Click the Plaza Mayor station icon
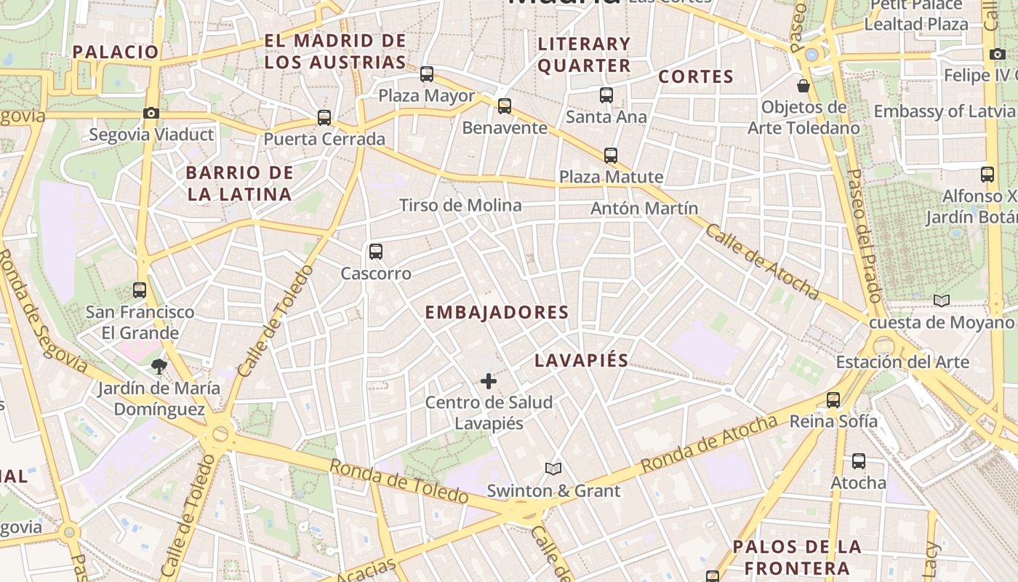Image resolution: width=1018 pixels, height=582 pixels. (427, 74)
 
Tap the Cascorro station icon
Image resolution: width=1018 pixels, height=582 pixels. (376, 252)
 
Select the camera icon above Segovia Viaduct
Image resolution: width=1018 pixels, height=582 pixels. (151, 113)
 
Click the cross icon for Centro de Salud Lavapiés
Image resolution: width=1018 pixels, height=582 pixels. (489, 380)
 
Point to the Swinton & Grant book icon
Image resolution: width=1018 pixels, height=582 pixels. (553, 469)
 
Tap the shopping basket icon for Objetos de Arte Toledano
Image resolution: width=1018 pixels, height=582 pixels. (803, 86)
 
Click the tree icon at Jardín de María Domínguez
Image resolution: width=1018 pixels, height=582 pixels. (159, 366)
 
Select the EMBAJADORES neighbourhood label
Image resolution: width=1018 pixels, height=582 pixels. (497, 313)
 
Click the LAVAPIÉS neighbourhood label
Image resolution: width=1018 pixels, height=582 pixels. (581, 361)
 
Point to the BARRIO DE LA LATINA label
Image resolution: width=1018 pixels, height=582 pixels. (239, 183)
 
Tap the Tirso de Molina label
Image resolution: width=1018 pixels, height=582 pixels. (460, 205)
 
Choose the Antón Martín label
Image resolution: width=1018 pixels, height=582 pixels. (644, 209)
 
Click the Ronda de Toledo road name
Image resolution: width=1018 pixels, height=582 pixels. (399, 481)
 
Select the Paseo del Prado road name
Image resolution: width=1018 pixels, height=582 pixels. (865, 236)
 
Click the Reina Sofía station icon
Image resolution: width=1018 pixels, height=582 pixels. (833, 399)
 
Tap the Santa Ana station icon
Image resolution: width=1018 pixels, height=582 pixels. (606, 95)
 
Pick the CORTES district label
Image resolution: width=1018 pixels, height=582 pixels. (696, 76)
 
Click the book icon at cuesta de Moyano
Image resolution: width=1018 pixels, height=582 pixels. (942, 300)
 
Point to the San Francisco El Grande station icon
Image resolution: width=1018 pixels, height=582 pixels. (140, 290)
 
